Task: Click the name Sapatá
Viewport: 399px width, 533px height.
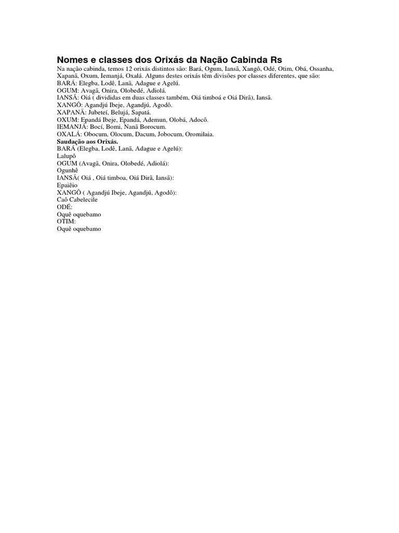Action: (141, 112)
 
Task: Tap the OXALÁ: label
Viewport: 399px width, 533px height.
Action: (69, 134)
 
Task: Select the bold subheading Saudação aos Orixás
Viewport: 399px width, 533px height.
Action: (87, 141)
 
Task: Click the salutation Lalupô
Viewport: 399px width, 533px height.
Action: (67, 156)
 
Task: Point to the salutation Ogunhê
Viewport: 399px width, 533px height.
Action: (69, 170)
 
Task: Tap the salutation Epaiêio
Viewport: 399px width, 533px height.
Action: (67, 185)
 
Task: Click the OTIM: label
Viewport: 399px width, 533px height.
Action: (66, 221)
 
